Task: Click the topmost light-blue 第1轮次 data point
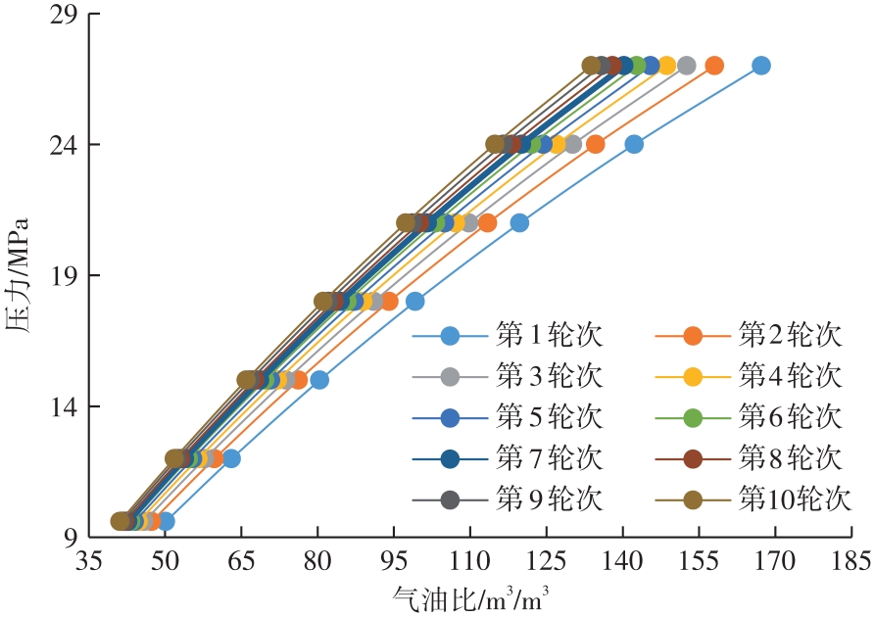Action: click(x=760, y=66)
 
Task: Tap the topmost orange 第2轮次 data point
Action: click(x=714, y=66)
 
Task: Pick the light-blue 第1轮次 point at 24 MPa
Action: click(x=634, y=144)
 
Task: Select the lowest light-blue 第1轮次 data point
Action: click(x=166, y=521)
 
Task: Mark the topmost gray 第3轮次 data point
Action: click(x=686, y=66)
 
